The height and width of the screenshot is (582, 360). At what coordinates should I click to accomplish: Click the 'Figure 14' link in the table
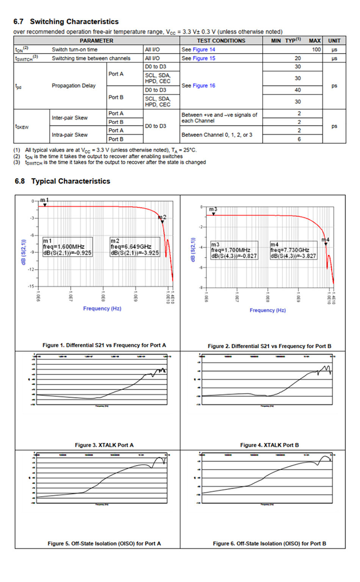coord(204,50)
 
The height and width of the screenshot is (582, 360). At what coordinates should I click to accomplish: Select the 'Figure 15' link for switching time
coord(204,58)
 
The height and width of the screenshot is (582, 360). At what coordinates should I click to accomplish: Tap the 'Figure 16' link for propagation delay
coord(204,86)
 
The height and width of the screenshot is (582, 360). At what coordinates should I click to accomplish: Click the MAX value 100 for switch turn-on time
coord(316,50)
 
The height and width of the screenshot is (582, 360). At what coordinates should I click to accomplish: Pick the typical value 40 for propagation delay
coord(298,90)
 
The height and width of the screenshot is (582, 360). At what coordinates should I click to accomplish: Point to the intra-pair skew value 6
coord(299,139)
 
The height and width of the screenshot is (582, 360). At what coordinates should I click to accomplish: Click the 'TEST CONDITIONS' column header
coord(221,41)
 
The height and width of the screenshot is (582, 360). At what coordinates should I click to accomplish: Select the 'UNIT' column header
coord(334,41)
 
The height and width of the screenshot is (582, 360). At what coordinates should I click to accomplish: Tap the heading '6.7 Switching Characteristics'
coord(66,22)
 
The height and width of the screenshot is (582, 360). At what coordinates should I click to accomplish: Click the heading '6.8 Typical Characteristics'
coord(63,181)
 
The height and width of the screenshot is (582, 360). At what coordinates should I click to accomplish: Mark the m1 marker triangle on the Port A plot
coord(45,205)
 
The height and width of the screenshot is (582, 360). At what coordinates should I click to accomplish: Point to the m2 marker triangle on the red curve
coord(163,222)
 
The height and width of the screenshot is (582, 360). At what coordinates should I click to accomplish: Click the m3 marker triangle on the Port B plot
coord(213,214)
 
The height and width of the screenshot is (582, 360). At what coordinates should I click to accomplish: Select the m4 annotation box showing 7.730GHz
coord(293,250)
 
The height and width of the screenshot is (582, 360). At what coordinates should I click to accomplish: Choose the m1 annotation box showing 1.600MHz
coord(67,247)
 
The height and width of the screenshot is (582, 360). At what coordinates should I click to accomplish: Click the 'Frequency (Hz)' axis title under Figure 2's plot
coord(268,310)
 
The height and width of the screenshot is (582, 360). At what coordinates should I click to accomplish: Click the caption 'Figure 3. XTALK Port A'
coord(104,445)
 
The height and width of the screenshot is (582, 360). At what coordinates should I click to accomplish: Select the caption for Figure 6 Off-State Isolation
coord(269,543)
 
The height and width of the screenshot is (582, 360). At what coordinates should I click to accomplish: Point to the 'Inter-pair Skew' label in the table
coord(70,118)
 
